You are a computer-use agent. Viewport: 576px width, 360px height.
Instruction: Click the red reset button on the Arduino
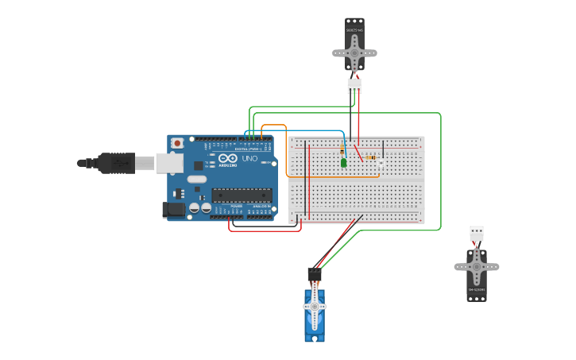point(176,143)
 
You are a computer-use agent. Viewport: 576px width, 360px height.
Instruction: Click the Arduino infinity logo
point(227,159)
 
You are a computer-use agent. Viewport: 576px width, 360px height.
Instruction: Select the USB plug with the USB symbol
point(117,163)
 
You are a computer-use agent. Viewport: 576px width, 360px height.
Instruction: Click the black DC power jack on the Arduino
point(173,210)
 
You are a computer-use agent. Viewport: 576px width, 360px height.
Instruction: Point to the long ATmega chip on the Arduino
point(242,195)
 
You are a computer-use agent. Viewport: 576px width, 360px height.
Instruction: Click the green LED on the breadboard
point(344,163)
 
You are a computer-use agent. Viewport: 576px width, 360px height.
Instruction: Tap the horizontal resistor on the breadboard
point(370,157)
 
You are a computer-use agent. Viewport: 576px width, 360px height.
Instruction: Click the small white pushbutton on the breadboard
point(381,163)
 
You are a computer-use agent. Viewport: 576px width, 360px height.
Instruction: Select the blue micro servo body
point(315,314)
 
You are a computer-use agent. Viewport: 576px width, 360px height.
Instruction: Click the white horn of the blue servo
point(315,306)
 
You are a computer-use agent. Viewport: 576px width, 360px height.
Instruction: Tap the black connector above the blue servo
point(315,274)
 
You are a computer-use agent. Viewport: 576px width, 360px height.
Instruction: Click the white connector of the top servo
point(354,85)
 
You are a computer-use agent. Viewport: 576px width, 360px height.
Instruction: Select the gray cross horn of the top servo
point(354,53)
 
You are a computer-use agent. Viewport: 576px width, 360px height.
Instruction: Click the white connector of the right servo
point(477,233)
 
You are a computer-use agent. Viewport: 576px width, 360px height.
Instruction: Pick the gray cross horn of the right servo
point(477,267)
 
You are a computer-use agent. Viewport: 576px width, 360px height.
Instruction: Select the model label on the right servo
point(477,289)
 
